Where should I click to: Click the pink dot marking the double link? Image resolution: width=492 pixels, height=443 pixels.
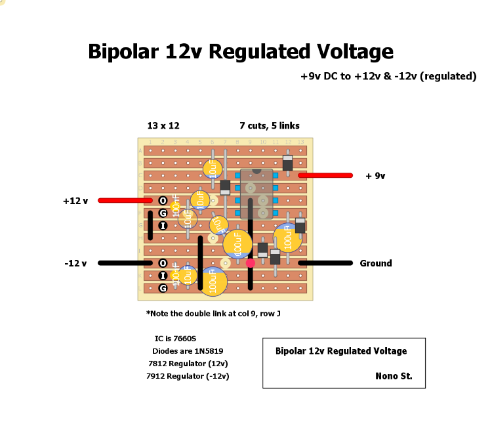[250, 263]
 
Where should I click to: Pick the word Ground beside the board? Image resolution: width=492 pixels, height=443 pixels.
[376, 263]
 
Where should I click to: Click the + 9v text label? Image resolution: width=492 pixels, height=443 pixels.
[375, 176]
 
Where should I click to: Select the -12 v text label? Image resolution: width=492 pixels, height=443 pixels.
[76, 263]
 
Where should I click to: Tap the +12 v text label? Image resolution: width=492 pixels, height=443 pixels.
[75, 200]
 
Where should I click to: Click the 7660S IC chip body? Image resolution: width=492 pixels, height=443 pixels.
[256, 194]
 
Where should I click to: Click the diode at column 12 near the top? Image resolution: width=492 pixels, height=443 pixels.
[287, 163]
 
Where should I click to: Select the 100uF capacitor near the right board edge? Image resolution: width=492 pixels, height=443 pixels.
[287, 238]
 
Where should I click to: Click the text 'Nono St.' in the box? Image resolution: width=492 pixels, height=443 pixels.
[394, 377]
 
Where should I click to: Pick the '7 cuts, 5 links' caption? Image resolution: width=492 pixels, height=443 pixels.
[270, 125]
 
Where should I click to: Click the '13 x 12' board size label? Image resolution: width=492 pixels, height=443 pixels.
[163, 125]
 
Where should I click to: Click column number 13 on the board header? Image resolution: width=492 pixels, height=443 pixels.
[300, 142]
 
